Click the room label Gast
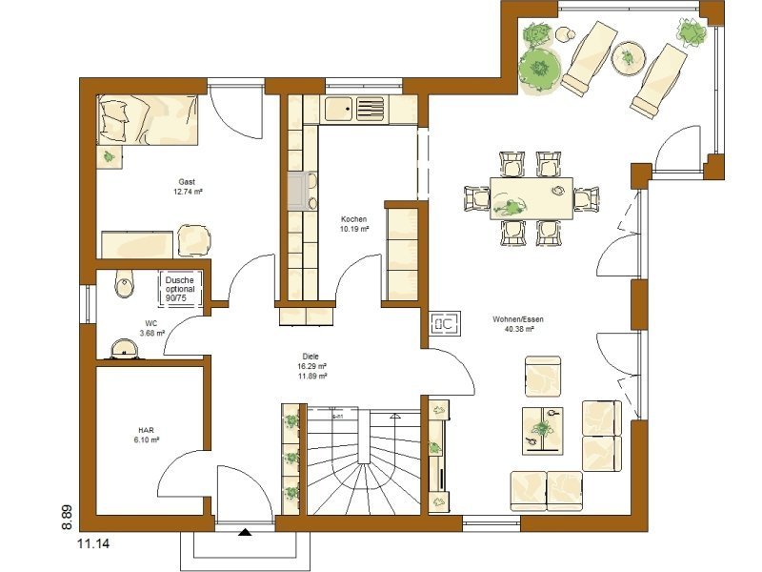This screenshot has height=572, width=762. (188, 181)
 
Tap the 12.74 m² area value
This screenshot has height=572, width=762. (188, 191)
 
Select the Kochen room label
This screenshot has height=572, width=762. (353, 219)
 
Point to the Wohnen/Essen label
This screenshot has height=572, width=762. (512, 319)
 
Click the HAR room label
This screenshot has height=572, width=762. (145, 430)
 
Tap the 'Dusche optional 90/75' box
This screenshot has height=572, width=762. (179, 289)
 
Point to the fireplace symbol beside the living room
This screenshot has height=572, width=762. (445, 325)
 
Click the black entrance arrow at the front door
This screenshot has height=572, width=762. (245, 535)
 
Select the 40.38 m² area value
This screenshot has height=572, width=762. (512, 329)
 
